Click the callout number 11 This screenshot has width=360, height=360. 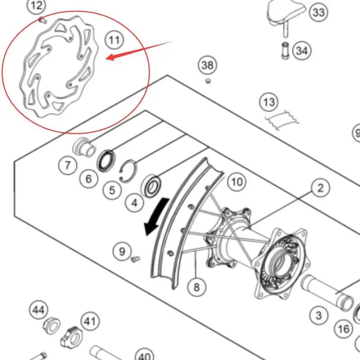click(x=114, y=40)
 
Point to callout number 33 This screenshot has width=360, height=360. click(x=319, y=13)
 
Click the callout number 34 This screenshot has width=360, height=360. click(x=302, y=50)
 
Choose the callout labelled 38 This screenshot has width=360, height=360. click(x=207, y=66)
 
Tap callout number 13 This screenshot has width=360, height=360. click(x=269, y=103)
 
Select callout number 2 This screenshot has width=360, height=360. click(x=320, y=188)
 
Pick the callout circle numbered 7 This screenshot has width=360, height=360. click(x=67, y=166)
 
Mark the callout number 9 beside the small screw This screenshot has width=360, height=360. click(x=122, y=251)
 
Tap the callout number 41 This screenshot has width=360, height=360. click(x=90, y=321)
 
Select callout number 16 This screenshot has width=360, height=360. click(x=344, y=329)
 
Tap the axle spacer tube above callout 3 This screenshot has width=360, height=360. click(x=328, y=292)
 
